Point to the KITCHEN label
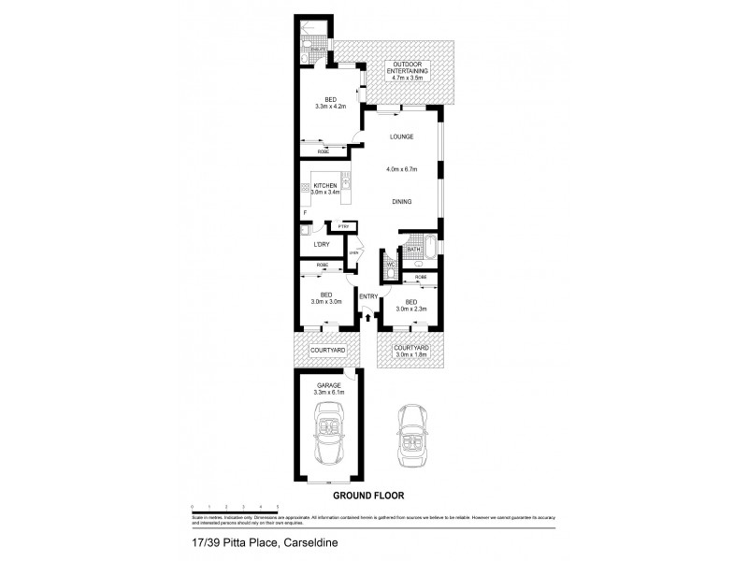pyautogui.click(x=325, y=186)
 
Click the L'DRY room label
pyautogui.click(x=322, y=245)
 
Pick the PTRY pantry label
pyautogui.click(x=343, y=226)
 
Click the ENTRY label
pyautogui.click(x=367, y=296)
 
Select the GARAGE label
pyautogui.click(x=327, y=385)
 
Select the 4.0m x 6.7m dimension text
pyautogui.click(x=402, y=169)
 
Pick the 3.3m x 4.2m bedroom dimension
pyautogui.click(x=329, y=107)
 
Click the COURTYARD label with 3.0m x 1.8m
pyautogui.click(x=411, y=350)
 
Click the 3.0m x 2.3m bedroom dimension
pyautogui.click(x=411, y=308)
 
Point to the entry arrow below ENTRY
pyautogui.click(x=367, y=318)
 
